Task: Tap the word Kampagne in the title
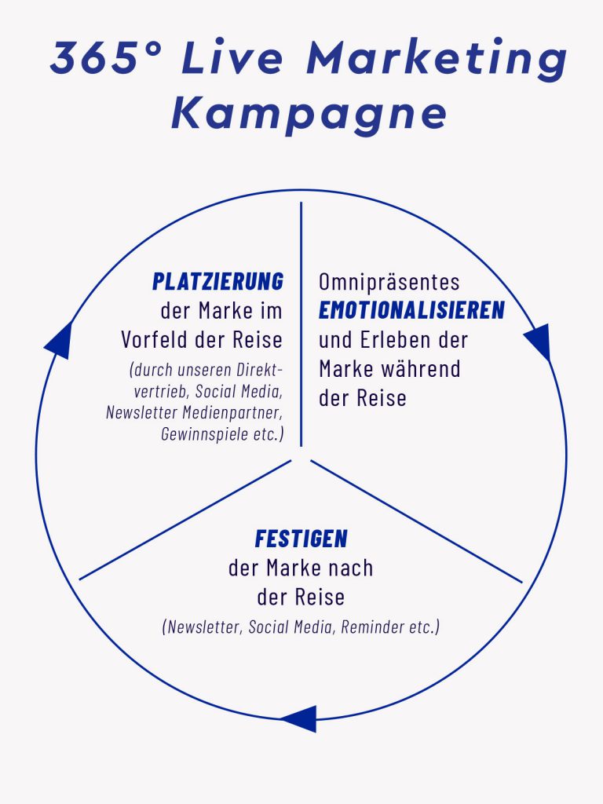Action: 309,114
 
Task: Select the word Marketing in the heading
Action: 437,58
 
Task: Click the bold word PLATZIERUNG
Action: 218,282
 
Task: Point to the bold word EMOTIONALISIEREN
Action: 411,310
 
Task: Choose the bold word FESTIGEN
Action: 301,539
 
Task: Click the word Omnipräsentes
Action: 389,282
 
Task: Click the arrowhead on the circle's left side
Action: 58,340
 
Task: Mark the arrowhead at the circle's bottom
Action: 299,718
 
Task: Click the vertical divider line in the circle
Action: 301,324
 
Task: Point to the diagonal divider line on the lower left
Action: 185,520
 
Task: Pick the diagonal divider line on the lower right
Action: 416,521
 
